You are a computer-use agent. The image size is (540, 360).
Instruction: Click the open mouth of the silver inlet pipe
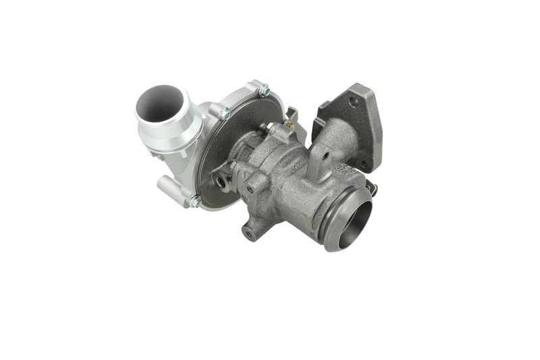pos(160,103)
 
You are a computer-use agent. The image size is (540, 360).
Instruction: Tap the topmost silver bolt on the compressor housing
pos(263,89)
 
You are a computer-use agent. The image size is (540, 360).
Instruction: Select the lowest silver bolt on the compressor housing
pos(194,201)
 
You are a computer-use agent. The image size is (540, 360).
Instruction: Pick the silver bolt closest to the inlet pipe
pos(223,114)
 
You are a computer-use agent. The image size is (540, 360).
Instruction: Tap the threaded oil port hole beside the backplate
pos(221,180)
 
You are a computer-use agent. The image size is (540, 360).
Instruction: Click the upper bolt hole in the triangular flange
pos(353,101)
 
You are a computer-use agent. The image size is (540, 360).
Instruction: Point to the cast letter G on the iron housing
pos(296,164)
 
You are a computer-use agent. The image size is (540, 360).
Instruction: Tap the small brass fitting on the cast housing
pos(289,124)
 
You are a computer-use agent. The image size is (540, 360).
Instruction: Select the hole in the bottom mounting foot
pos(249,233)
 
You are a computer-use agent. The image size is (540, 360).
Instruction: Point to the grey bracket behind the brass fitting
pos(292,113)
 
